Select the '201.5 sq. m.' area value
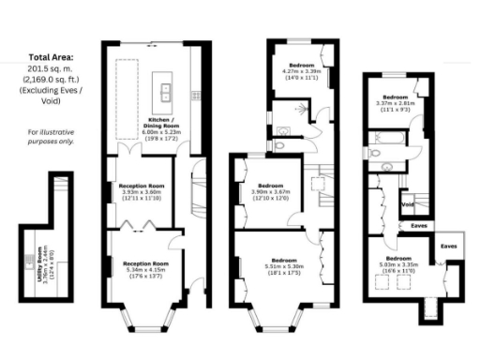[x=46, y=69]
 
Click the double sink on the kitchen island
[x=163, y=90]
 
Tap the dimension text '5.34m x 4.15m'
[x=146, y=271]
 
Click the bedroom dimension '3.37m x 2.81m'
[x=395, y=104]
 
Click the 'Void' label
[x=408, y=204]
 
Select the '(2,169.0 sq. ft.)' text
[x=47, y=82]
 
